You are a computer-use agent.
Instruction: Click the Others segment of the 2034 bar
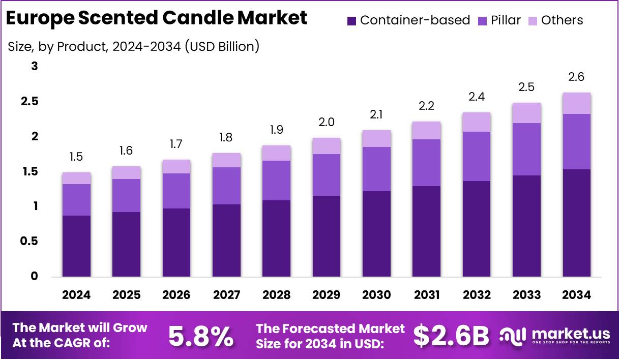(x=577, y=103)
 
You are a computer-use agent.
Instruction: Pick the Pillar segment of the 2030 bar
(x=376, y=169)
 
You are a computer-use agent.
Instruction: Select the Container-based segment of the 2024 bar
(x=76, y=246)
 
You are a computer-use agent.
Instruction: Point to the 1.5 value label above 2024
(x=76, y=157)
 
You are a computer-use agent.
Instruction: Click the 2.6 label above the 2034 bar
(x=577, y=77)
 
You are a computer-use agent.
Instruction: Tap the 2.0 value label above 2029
(x=327, y=123)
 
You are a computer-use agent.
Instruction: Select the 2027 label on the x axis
(x=226, y=295)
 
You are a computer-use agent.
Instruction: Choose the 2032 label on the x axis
(x=477, y=295)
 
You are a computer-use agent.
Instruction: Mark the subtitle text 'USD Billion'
(x=221, y=47)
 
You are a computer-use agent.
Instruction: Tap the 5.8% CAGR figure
(x=201, y=336)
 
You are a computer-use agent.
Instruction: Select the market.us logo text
(x=571, y=334)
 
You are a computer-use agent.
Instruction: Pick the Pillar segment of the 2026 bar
(x=176, y=191)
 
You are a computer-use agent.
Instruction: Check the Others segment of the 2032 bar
(x=477, y=122)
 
